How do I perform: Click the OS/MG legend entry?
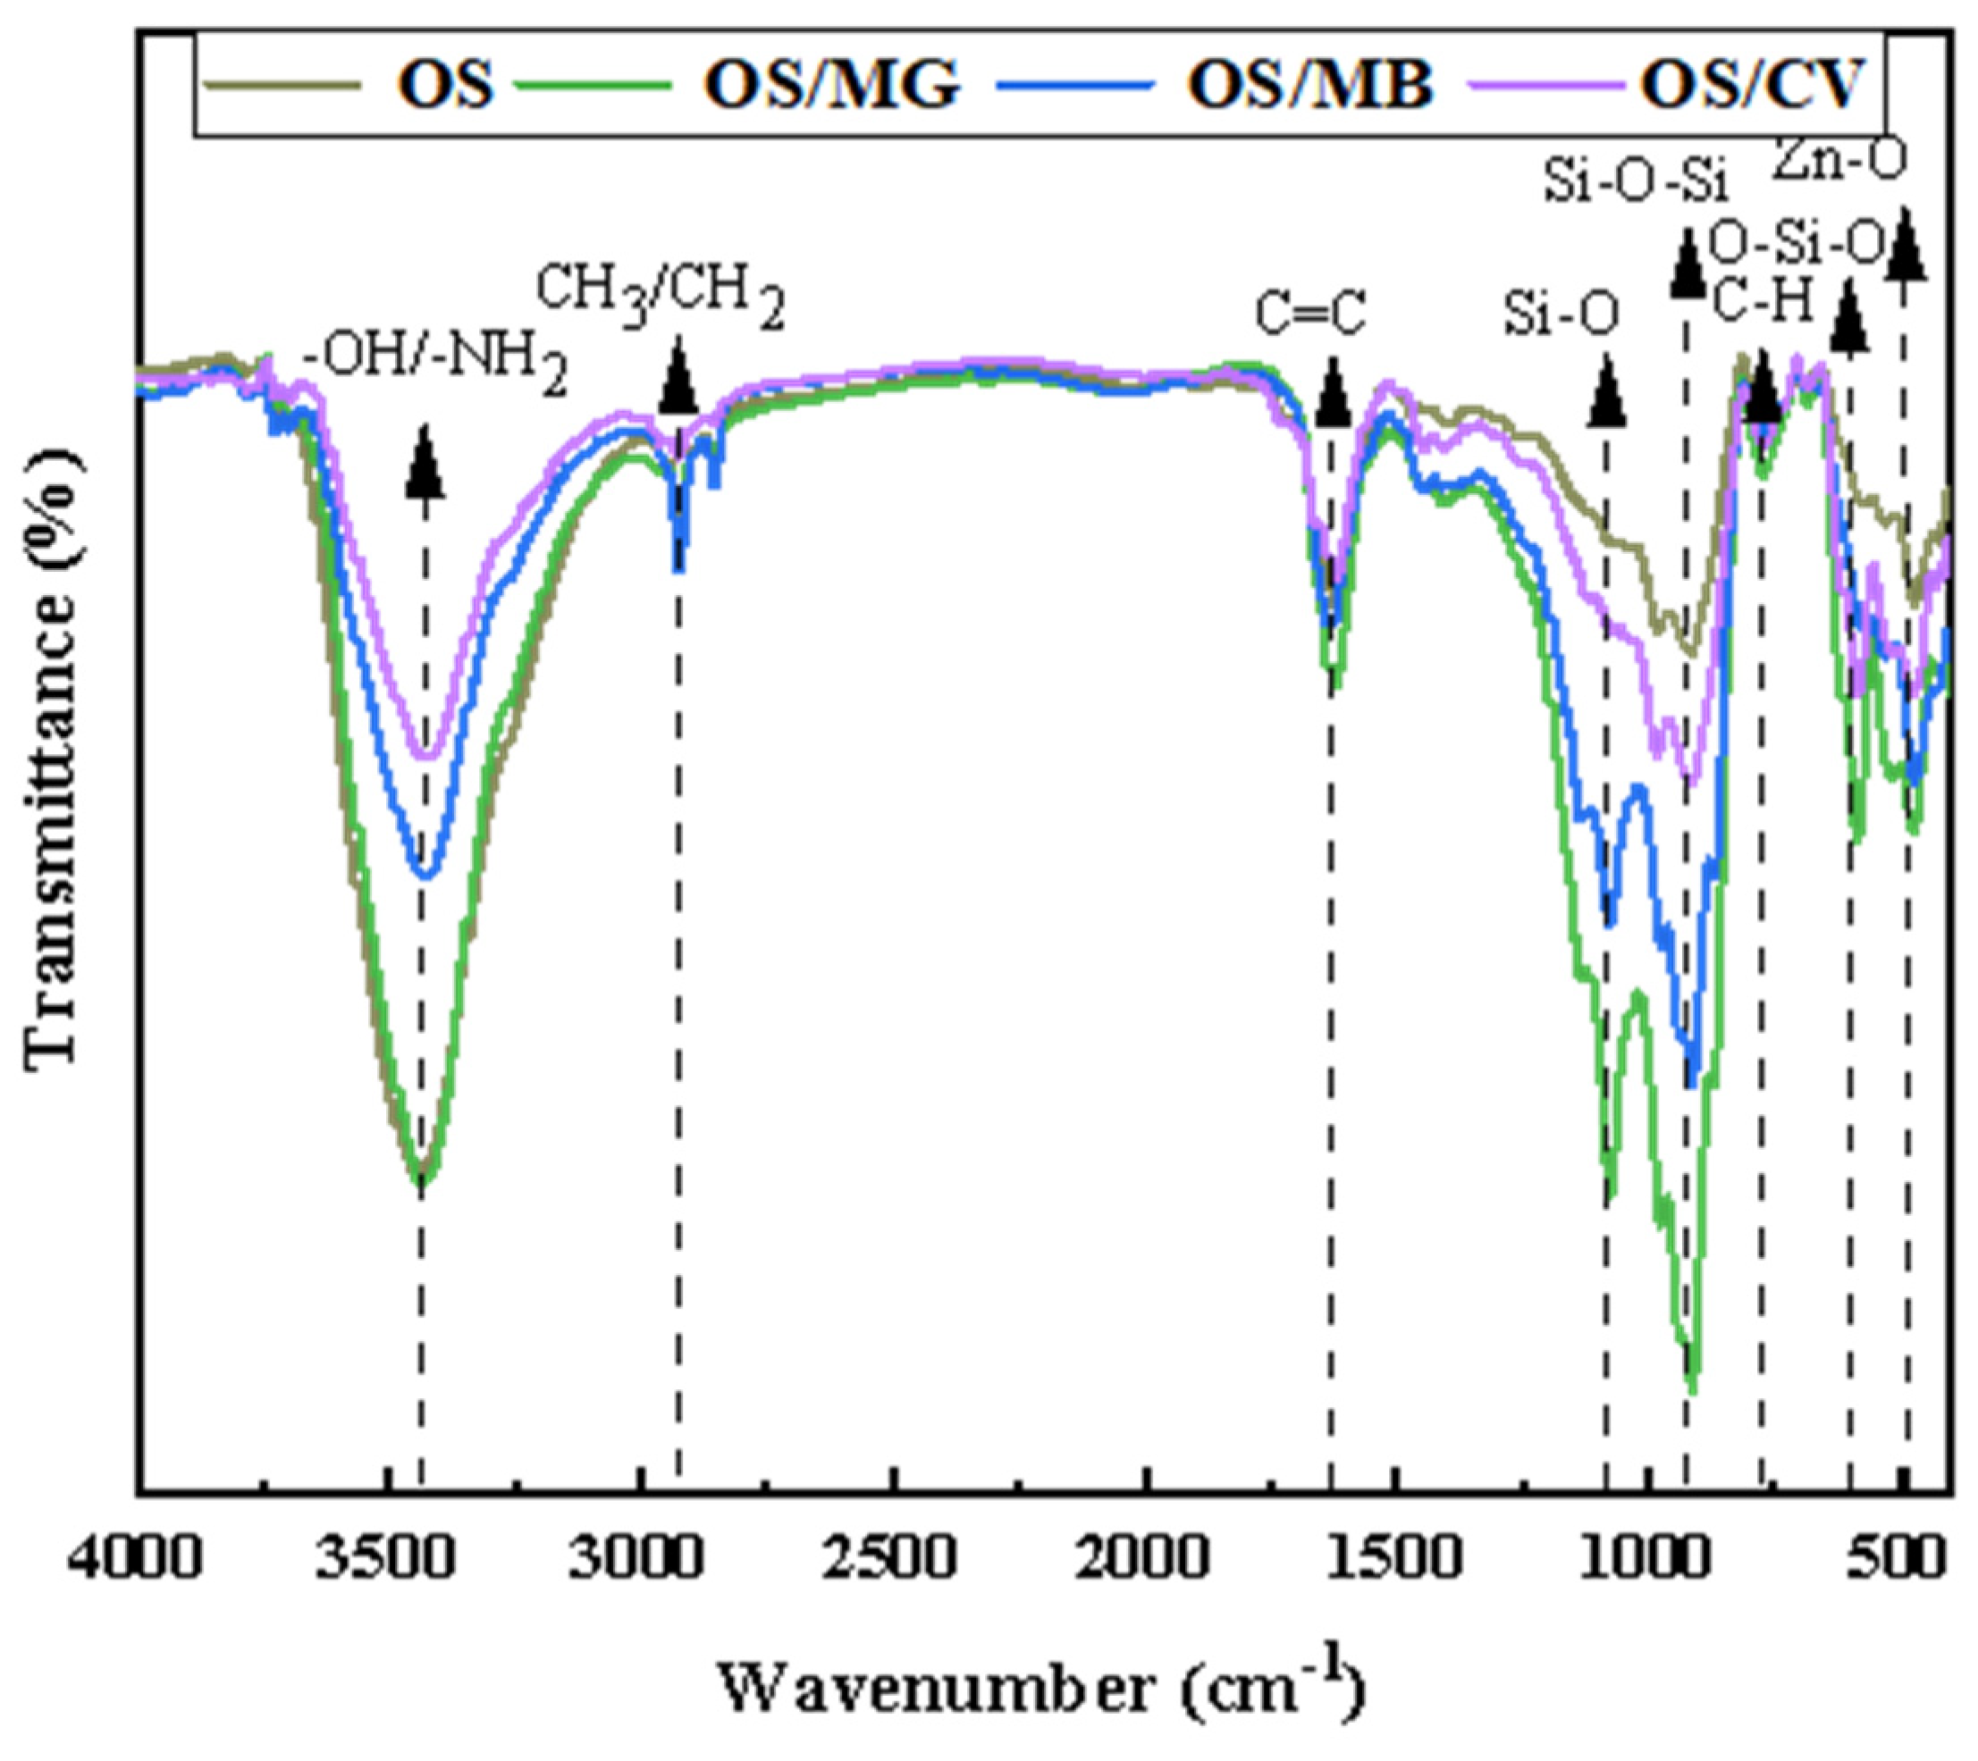pyautogui.click(x=832, y=85)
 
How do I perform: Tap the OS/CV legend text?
pyautogui.click(x=1749, y=85)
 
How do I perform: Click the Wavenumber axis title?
pyautogui.click(x=1040, y=1690)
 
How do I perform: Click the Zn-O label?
pyautogui.click(x=1826, y=163)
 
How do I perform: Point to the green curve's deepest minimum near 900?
pyautogui.click(x=1692, y=1389)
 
